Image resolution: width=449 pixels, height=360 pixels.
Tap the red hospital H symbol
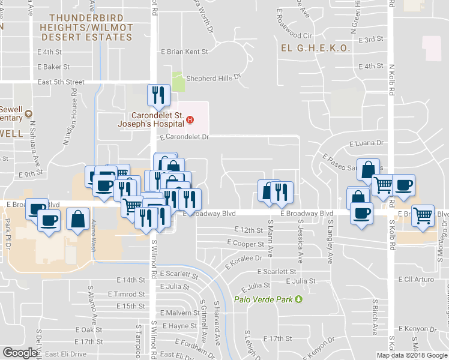click(x=190, y=119)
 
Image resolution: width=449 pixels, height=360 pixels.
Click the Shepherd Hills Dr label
click(x=212, y=77)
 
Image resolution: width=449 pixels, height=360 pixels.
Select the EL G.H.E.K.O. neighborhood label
click(x=316, y=49)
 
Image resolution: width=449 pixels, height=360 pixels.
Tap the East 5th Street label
click(x=61, y=82)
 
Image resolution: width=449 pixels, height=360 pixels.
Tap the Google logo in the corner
click(x=20, y=353)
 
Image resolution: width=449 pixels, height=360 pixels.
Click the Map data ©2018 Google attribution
click(x=411, y=355)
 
